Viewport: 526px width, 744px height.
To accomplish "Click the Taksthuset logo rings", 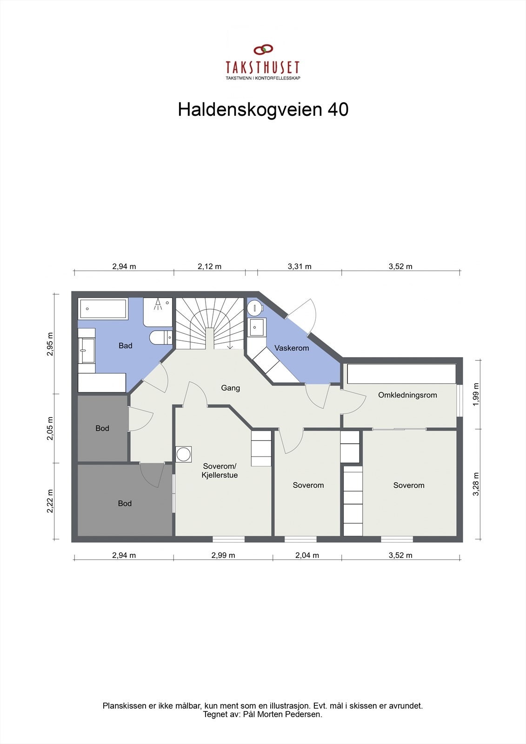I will click(263, 50).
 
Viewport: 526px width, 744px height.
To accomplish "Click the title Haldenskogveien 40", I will click(263, 110).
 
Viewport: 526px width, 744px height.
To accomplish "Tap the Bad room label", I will click(126, 345).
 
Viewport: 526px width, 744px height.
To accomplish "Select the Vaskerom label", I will click(292, 348).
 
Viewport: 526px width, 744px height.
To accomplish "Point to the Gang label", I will click(230, 388).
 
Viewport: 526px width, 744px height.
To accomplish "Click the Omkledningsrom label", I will click(407, 395).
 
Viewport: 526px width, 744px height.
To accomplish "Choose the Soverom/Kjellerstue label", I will click(220, 471).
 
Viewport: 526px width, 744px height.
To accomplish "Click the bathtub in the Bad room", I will click(103, 309).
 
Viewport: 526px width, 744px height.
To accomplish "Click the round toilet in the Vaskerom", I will click(255, 307).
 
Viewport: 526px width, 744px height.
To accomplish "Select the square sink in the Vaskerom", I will click(257, 327).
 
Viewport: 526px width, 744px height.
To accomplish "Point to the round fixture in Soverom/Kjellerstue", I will click(184, 454).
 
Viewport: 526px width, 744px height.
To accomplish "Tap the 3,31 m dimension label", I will click(300, 266).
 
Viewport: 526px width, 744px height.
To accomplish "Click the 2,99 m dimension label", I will click(223, 555).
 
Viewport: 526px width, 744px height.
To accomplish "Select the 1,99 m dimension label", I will click(476, 394).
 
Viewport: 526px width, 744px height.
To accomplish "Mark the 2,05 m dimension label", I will click(50, 428).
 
